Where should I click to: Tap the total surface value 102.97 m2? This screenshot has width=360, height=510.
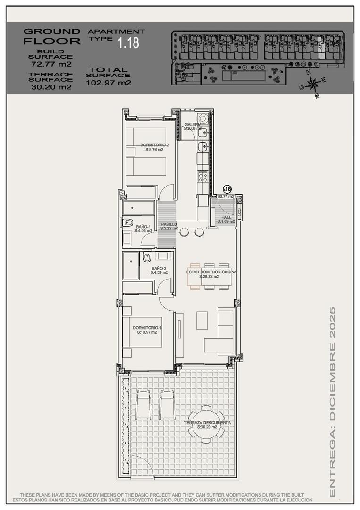point(109,83)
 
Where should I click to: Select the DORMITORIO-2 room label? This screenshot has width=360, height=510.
point(151,147)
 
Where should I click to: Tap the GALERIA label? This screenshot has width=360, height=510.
point(193,126)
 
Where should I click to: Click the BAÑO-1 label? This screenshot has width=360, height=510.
point(143,229)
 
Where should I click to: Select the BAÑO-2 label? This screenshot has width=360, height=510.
point(159,270)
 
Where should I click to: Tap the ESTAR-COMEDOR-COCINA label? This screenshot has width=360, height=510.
point(211,274)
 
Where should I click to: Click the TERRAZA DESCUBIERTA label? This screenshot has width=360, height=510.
point(208,425)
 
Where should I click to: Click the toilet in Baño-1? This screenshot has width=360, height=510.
point(127,223)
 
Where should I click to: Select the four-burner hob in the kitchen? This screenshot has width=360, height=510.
point(203,176)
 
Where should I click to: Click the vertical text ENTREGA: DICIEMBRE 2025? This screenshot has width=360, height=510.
point(332,401)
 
